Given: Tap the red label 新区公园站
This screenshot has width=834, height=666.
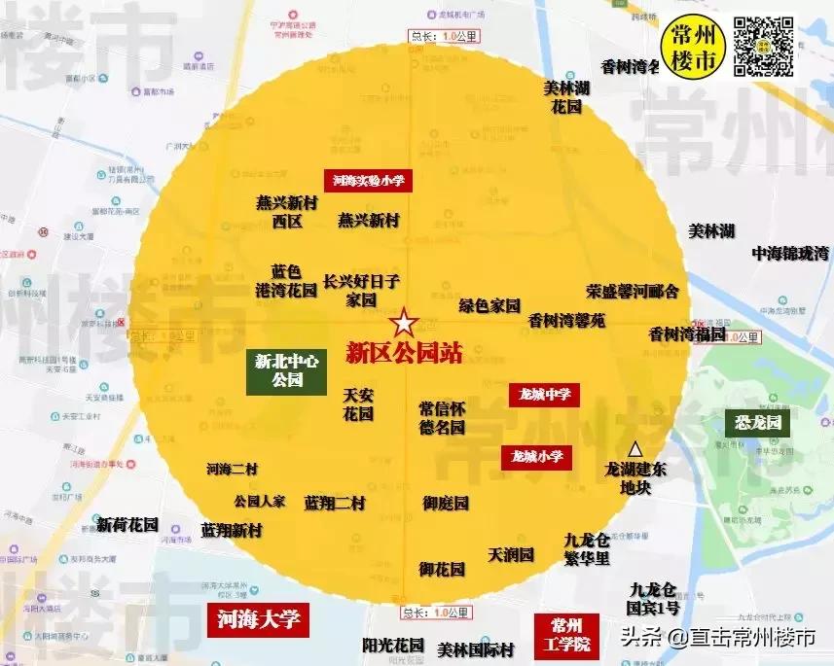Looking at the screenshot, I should [x=404, y=351].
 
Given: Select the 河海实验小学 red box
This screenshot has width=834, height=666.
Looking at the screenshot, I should [x=369, y=180].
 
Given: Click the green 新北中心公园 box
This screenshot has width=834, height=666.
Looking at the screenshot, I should [x=287, y=370].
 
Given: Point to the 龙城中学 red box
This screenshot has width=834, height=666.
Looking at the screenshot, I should [x=545, y=395].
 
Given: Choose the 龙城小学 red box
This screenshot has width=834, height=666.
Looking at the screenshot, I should [x=536, y=457].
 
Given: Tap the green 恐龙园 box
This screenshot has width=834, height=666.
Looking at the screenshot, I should [x=758, y=423].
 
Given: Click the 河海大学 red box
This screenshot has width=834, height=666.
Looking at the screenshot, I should [x=258, y=618].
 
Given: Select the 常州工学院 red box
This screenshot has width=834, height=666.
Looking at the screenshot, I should [x=569, y=633].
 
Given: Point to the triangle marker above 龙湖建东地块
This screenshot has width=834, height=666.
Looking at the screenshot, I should [x=635, y=449].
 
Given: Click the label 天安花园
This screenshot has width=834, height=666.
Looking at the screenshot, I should [x=358, y=404].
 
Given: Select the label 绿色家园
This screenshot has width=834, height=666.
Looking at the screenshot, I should [x=490, y=305].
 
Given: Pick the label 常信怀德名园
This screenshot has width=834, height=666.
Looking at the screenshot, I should [x=442, y=417].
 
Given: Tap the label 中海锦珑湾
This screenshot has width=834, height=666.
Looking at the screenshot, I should [x=790, y=253].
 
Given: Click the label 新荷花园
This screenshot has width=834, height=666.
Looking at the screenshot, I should [x=127, y=524].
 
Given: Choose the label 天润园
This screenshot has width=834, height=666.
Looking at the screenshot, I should [x=512, y=555].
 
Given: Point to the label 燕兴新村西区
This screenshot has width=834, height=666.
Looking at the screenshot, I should [x=287, y=212].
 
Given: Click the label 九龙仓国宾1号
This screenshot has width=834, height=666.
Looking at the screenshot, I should [x=654, y=598].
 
